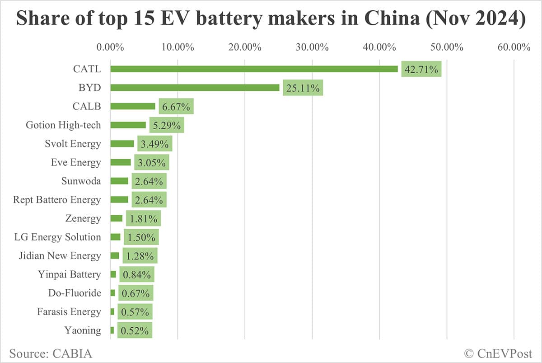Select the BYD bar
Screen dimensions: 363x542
(195, 88)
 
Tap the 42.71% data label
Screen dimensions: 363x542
(421, 70)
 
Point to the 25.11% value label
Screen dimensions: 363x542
(303, 88)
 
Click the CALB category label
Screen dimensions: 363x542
(87, 106)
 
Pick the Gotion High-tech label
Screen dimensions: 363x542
(63, 125)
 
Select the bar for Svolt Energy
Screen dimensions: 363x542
(122, 144)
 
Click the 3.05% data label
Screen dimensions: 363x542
(152, 163)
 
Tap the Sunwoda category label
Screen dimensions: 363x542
(81, 181)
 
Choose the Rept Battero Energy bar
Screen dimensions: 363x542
(119, 200)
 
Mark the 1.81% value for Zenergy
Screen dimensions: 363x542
(143, 219)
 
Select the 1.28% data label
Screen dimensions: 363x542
(140, 256)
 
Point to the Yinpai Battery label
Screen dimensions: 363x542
(69, 274)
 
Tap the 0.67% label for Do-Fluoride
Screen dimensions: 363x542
(136, 293)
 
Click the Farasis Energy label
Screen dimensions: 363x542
(69, 312)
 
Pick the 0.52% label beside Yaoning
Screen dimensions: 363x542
(135, 330)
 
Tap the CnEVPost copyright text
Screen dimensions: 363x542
(498, 353)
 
